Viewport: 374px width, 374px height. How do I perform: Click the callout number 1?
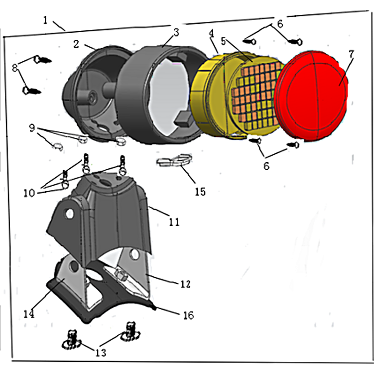[x=45, y=20]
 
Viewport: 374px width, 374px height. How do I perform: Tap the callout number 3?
[x=176, y=32]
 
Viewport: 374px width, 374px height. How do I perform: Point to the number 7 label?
[x=351, y=54]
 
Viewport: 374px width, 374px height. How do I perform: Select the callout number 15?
[x=200, y=192]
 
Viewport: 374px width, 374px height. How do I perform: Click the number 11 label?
[x=174, y=222]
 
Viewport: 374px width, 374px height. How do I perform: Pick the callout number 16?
[x=188, y=315]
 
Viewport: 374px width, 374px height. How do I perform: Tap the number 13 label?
[x=101, y=352]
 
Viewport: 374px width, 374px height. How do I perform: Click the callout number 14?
[x=29, y=314]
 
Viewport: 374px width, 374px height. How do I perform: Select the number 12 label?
[x=185, y=284]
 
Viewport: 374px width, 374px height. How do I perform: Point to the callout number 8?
[x=15, y=68]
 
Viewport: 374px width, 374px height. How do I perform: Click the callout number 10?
[x=29, y=193]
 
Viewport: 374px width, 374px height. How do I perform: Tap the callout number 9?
[x=32, y=128]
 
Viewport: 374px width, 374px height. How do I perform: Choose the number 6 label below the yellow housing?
[x=266, y=166]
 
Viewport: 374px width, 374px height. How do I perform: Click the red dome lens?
[x=311, y=95]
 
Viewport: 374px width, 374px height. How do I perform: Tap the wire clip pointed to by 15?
[x=174, y=160]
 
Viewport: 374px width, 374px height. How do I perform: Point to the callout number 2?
[x=76, y=44]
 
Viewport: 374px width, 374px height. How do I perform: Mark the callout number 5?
[x=223, y=41]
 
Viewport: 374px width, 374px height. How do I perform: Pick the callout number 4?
[x=211, y=33]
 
